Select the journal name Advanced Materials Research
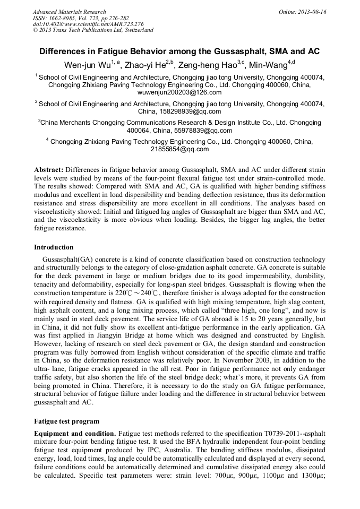pyautogui.click(x=69, y=12)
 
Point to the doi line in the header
pyautogui.click(x=88, y=24)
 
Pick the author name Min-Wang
pyautogui.click(x=267, y=65)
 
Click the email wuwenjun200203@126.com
pyautogui.click(x=179, y=92)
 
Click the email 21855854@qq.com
pyautogui.click(x=179, y=150)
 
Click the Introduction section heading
pyautogui.click(x=54, y=247)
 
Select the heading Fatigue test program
pyautogui.click(x=66, y=421)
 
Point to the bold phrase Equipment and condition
pyautogui.click(x=75, y=434)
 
